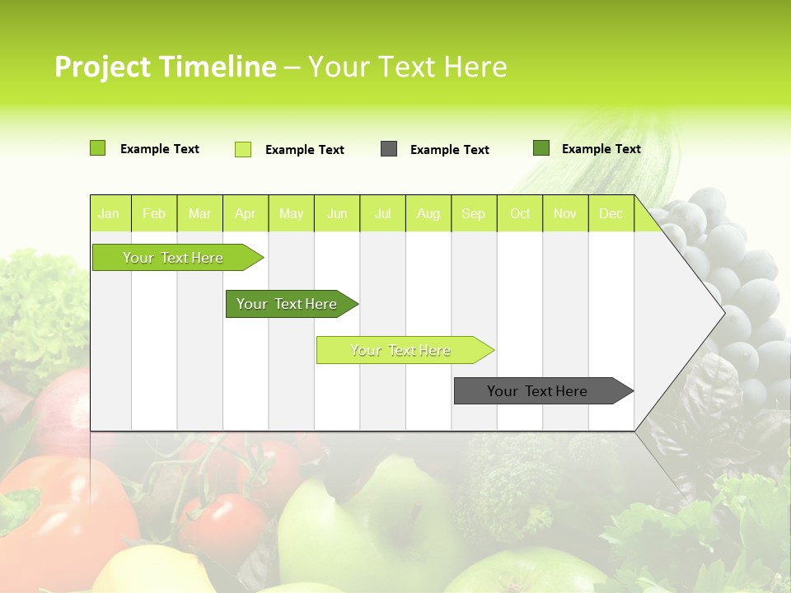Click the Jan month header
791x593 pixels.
[x=109, y=213]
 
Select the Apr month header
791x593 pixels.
[x=245, y=213]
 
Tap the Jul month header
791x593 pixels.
[x=382, y=213]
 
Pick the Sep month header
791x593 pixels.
[x=473, y=213]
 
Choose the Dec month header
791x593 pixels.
[x=611, y=213]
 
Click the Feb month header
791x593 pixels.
[x=154, y=213]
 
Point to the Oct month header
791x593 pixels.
[x=520, y=213]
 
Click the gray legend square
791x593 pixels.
[x=389, y=149]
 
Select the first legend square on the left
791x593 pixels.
[x=98, y=148]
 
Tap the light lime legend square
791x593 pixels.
[x=243, y=149]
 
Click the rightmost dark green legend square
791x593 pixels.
[x=541, y=148]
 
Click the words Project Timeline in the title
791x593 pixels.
[x=165, y=67]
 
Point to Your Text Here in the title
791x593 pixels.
[x=407, y=67]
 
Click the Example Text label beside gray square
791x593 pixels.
[x=449, y=150]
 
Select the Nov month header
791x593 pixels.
[x=565, y=213]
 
